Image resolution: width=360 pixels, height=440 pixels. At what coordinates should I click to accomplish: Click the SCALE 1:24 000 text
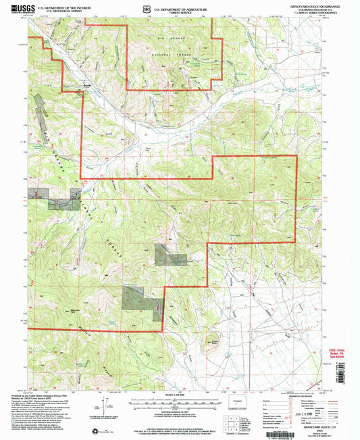(179, 395)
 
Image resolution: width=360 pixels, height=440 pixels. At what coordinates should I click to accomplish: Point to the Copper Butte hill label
(214, 342)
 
